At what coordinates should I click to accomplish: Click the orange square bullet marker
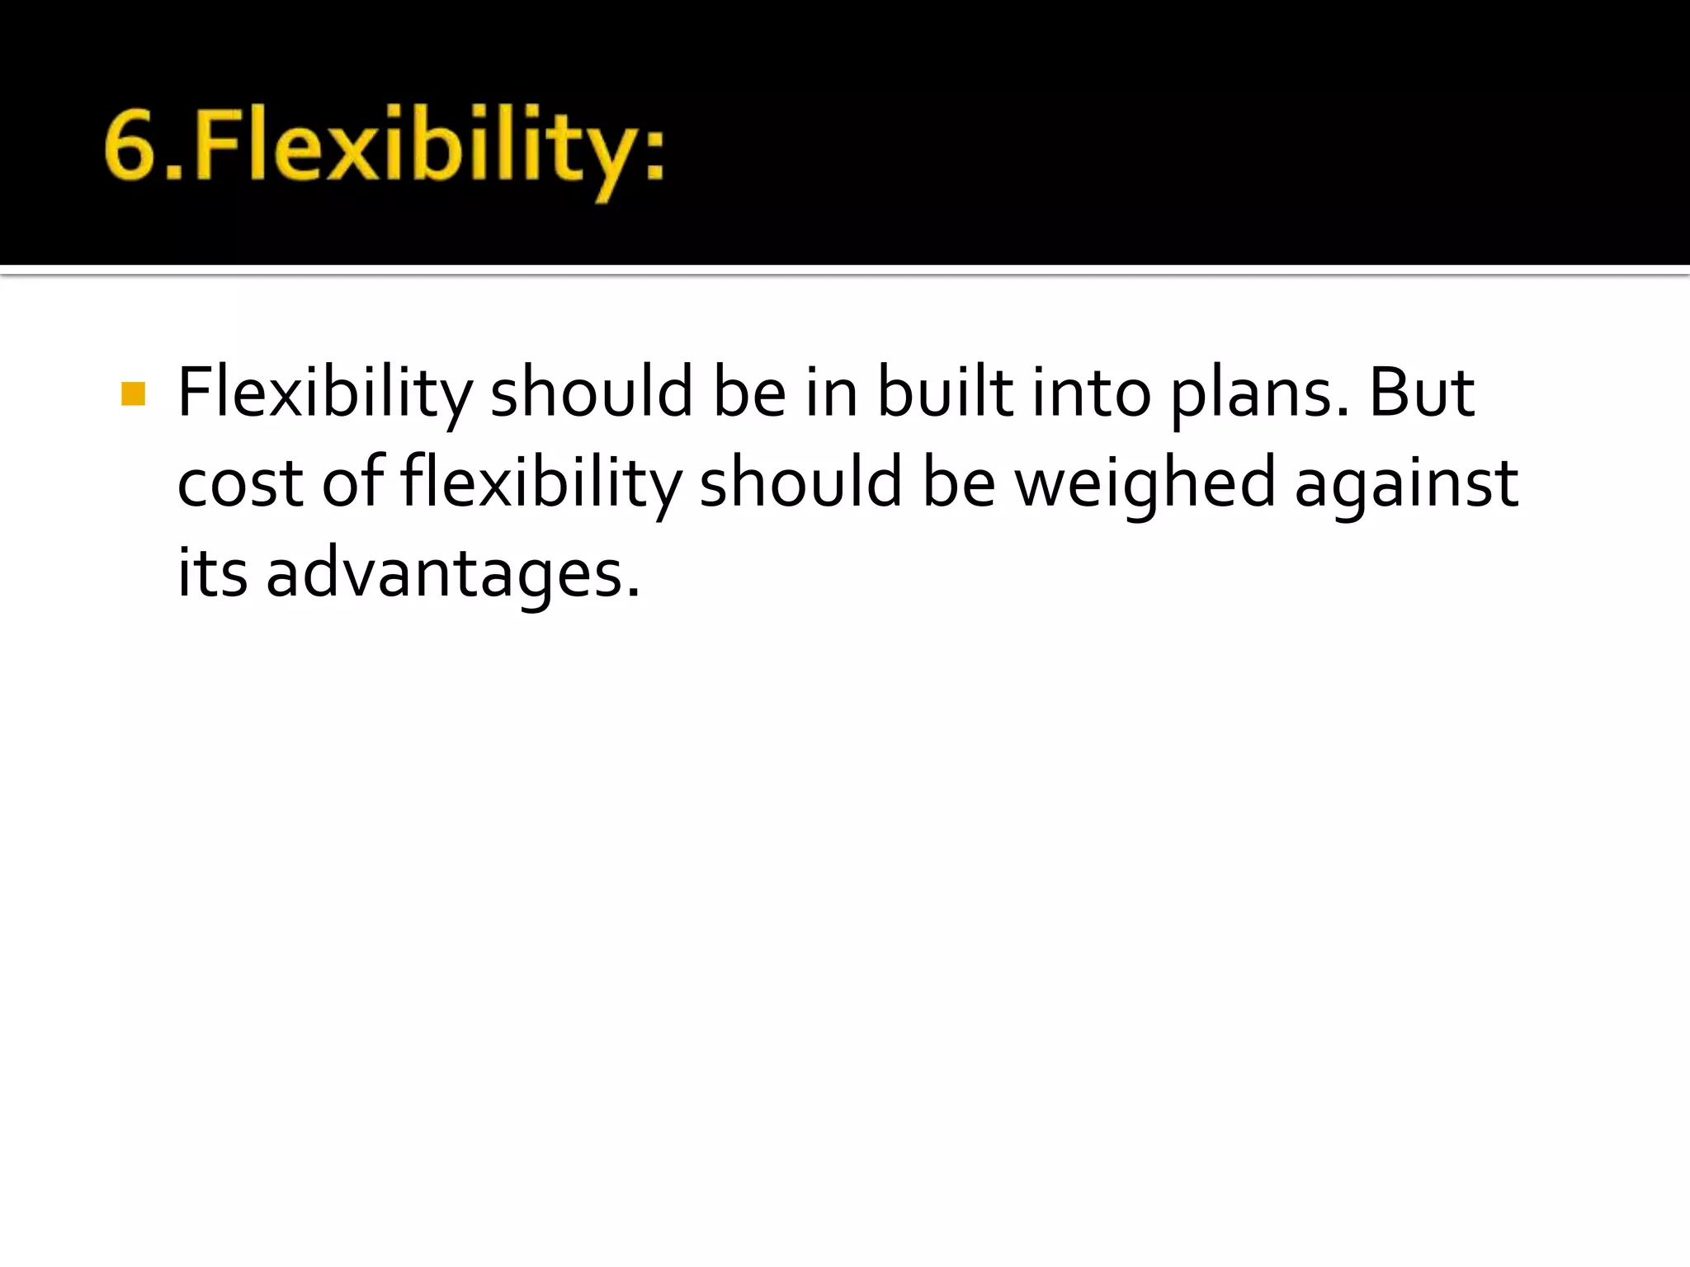point(133,393)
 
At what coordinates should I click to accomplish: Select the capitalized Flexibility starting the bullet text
point(325,393)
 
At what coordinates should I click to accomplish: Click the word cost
point(239,485)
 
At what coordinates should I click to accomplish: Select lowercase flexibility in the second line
point(541,485)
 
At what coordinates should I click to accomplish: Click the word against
point(1406,485)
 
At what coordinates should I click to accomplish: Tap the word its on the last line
point(212,573)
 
